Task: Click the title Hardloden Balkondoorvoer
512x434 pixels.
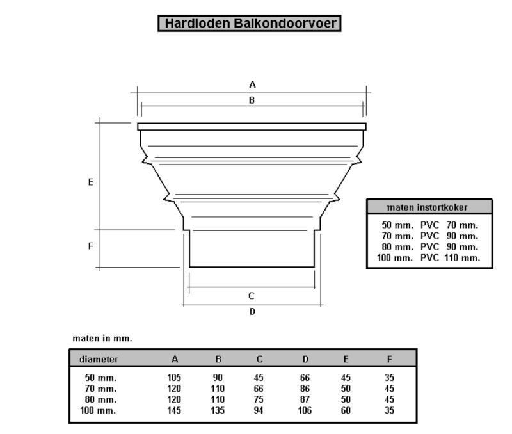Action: pyautogui.click(x=250, y=24)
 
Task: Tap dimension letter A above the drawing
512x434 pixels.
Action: pyautogui.click(x=252, y=85)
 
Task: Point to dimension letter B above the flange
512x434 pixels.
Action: pyautogui.click(x=252, y=100)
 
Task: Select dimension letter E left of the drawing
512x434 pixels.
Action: pyautogui.click(x=91, y=182)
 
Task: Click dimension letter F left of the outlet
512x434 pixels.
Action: pyautogui.click(x=91, y=246)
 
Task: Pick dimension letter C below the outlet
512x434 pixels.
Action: pyautogui.click(x=251, y=296)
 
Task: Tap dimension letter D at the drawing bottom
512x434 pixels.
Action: pyautogui.click(x=252, y=312)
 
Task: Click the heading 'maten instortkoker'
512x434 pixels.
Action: pyautogui.click(x=427, y=207)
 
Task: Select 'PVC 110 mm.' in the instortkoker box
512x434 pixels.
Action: pyautogui.click(x=451, y=258)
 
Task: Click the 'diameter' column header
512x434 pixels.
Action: pyautogui.click(x=99, y=359)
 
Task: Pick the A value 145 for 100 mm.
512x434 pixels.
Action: pyautogui.click(x=174, y=410)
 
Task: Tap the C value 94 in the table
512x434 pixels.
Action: pyautogui.click(x=259, y=410)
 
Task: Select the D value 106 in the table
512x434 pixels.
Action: pyautogui.click(x=305, y=410)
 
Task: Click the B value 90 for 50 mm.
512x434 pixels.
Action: pyautogui.click(x=218, y=378)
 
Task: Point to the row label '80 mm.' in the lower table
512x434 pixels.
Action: pyautogui.click(x=100, y=399)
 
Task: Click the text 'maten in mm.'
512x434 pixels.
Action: pyautogui.click(x=102, y=339)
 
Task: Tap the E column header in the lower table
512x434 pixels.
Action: pyautogui.click(x=346, y=359)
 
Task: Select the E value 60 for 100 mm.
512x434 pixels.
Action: pyautogui.click(x=346, y=410)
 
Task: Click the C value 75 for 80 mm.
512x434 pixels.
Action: pyautogui.click(x=259, y=399)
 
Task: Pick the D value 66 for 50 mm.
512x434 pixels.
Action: pyautogui.click(x=305, y=378)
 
